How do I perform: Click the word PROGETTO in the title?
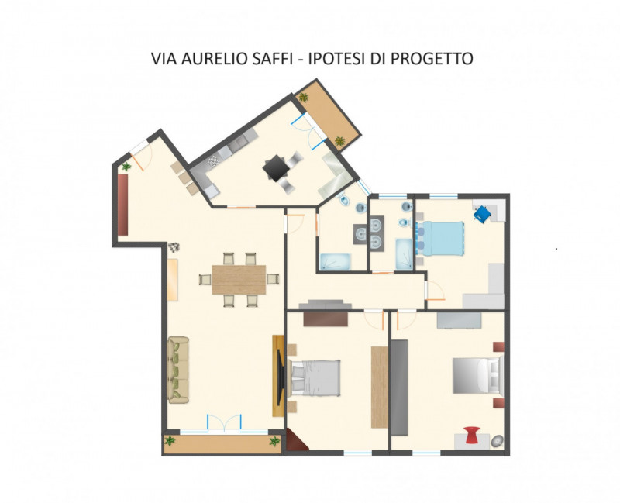(432, 59)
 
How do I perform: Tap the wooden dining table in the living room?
(239, 280)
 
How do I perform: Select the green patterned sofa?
(178, 370)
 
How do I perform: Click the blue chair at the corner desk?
(482, 214)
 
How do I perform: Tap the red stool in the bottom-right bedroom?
(472, 435)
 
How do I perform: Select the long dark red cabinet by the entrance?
(123, 205)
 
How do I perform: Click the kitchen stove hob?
(213, 161)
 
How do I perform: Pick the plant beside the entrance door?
(126, 167)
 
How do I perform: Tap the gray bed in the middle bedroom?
(315, 377)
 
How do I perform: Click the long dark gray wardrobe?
(399, 388)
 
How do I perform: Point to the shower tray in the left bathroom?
(335, 262)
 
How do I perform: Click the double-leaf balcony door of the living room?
(224, 424)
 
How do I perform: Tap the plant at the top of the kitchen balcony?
(303, 97)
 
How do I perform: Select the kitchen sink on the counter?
(238, 143)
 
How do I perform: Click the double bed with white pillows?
(477, 375)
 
